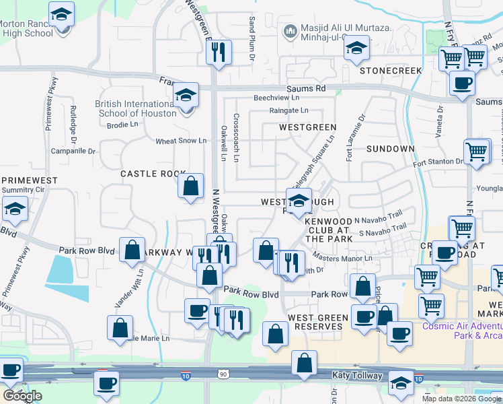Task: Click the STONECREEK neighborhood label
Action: (390, 71)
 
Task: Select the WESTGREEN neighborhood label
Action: (307, 127)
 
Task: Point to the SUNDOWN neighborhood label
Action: (391, 148)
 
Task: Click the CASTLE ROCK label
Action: (153, 174)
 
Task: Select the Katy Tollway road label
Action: (356, 375)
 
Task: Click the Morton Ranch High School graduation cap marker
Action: (62, 15)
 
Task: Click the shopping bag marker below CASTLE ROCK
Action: (191, 187)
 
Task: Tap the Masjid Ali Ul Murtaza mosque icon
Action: (291, 30)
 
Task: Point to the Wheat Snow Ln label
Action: (180, 141)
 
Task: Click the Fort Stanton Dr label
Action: (438, 162)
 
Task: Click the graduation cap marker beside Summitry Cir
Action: (15, 210)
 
